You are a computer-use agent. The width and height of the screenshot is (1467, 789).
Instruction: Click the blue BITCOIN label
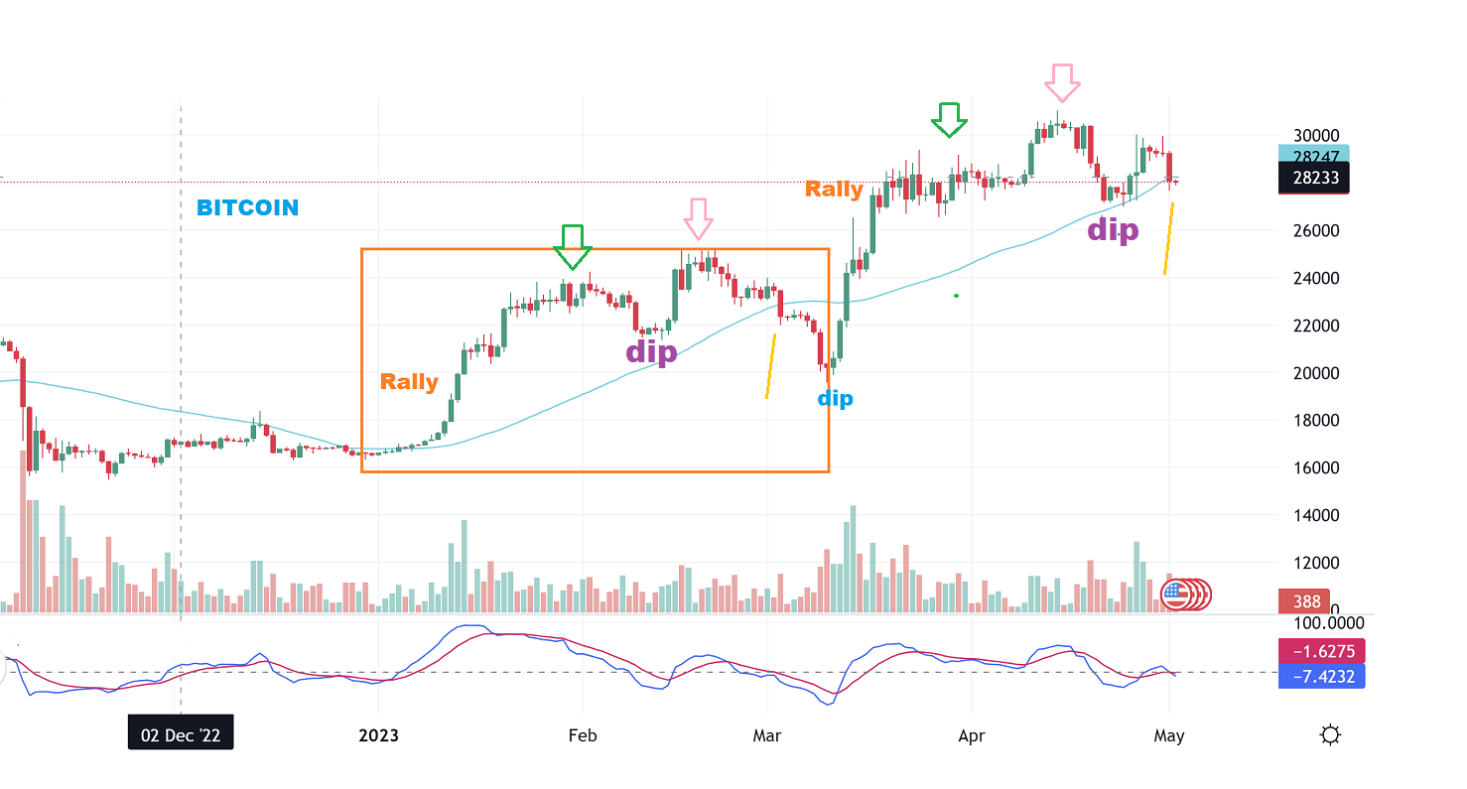pyautogui.click(x=247, y=208)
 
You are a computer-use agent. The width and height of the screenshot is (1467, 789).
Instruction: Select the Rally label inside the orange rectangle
pyautogui.click(x=409, y=382)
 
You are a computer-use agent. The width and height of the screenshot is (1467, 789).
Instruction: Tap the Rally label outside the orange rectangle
pyautogui.click(x=834, y=189)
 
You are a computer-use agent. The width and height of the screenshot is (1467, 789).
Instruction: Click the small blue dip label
pyautogui.click(x=835, y=399)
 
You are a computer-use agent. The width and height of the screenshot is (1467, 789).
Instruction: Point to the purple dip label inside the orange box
pyautogui.click(x=651, y=351)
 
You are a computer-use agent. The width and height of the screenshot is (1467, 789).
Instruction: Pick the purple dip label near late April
pyautogui.click(x=1113, y=230)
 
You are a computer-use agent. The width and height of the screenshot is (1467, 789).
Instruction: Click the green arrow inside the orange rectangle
pyautogui.click(x=572, y=246)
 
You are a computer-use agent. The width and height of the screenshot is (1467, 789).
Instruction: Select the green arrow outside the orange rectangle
pyautogui.click(x=949, y=120)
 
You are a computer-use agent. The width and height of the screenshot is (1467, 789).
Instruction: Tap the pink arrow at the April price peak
pyautogui.click(x=1062, y=82)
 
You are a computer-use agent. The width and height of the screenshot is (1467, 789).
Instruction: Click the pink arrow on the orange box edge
pyautogui.click(x=698, y=218)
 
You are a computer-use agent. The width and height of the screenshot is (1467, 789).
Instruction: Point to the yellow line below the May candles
pyautogui.click(x=1168, y=239)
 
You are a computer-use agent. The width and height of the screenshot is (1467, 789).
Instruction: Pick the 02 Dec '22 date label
pyautogui.click(x=181, y=735)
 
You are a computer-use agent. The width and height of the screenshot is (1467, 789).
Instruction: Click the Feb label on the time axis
pyautogui.click(x=582, y=735)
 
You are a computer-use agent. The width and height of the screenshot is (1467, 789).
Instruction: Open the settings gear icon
pyautogui.click(x=1331, y=735)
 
